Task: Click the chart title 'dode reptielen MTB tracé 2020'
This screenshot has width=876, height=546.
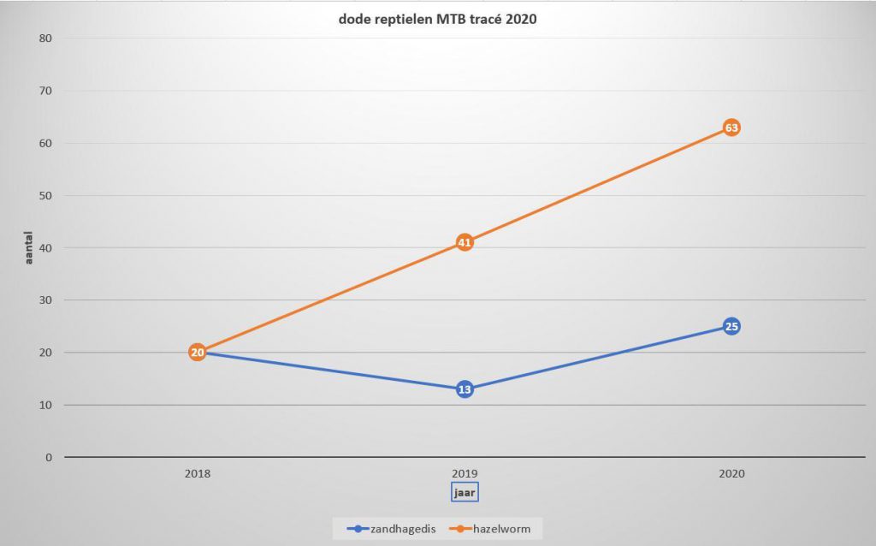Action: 437,21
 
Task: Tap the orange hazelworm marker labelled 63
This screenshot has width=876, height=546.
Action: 731,128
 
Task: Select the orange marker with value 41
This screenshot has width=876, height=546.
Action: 464,242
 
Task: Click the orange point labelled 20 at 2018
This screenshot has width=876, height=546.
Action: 197,352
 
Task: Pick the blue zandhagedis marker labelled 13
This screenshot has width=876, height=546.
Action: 464,389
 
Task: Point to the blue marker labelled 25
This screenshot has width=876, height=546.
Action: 731,326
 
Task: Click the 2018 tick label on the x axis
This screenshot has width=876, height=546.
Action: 197,473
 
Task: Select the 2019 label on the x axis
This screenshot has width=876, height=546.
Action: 464,473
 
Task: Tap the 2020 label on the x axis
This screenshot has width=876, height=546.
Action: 731,473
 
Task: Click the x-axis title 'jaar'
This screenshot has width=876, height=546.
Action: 464,492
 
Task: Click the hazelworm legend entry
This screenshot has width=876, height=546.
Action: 494,528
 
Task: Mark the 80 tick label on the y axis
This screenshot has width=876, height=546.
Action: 45,39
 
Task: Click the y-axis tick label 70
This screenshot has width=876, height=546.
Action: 45,91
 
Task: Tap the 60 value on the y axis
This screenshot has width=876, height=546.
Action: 45,143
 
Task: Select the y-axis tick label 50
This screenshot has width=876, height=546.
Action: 45,195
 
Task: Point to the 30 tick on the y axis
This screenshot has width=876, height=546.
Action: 45,300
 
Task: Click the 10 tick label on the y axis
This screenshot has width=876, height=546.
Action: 45,405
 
